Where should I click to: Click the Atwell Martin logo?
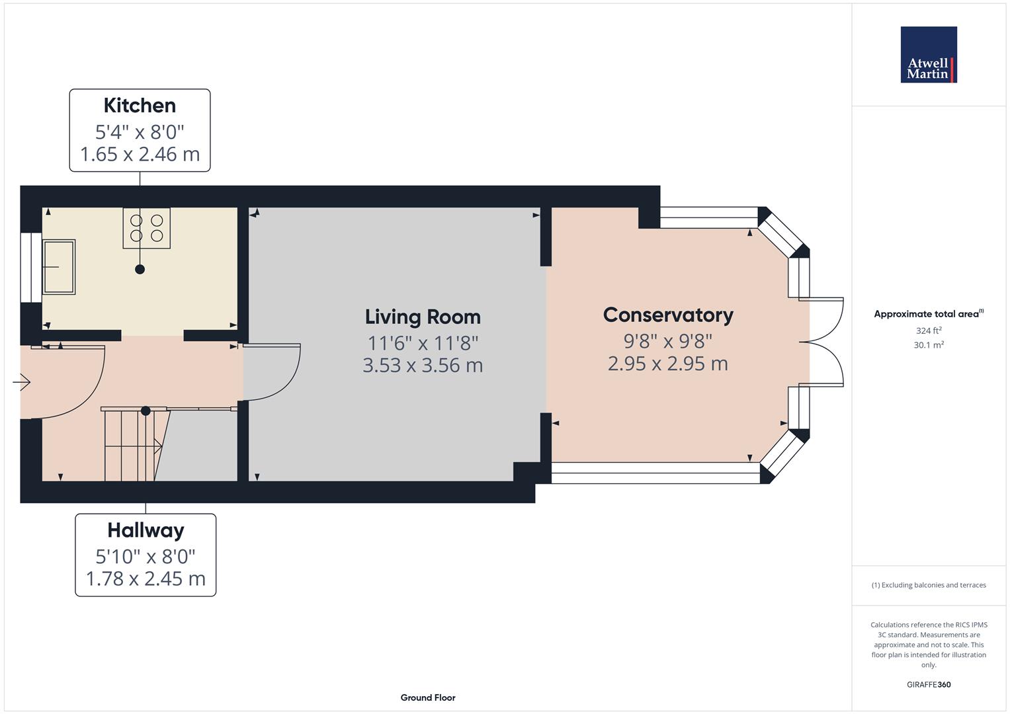929,54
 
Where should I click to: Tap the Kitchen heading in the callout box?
140,106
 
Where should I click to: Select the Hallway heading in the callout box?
146,530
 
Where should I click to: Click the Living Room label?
423,317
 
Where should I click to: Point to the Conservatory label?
668,315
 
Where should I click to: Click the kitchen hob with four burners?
147,228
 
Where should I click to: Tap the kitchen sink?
59,267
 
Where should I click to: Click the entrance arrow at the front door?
22,382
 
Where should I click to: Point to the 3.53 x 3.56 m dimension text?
423,365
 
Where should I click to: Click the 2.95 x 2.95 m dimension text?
668,364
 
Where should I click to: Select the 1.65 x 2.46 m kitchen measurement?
140,154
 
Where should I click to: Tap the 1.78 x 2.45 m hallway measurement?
146,578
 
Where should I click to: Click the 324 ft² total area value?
929,331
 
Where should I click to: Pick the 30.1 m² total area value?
929,345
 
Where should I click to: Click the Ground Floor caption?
428,697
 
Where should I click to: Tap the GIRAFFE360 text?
929,685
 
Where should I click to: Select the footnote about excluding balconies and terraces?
929,585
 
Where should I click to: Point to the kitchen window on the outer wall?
31,267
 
